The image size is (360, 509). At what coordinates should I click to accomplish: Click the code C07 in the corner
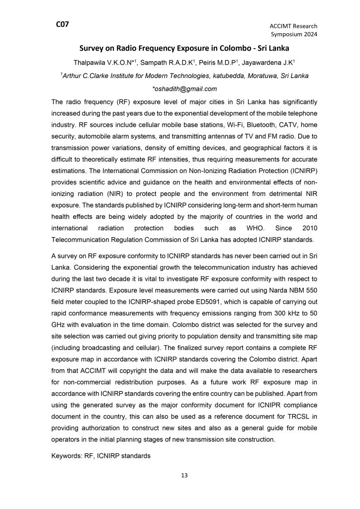62,23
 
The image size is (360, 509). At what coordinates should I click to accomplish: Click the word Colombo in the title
215,49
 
